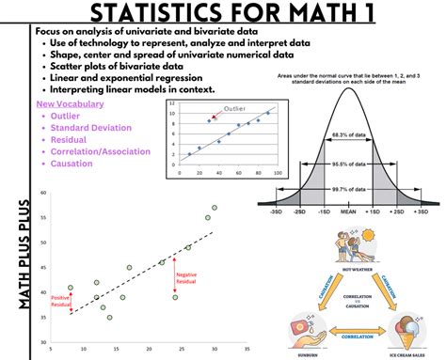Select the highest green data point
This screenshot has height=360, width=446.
[215, 207]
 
